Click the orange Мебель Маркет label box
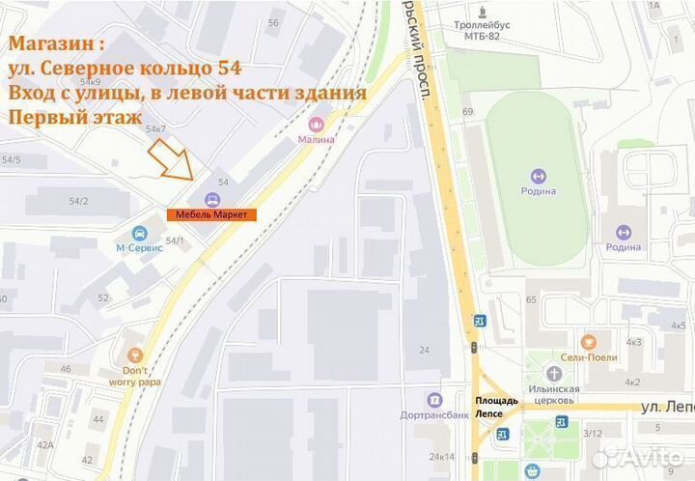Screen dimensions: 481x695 [x=211, y=214]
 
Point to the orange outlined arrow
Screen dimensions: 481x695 [x=171, y=159]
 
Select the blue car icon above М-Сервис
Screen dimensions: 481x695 [x=140, y=233]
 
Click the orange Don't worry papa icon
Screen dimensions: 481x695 [x=134, y=355]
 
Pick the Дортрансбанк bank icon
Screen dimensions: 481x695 [x=434, y=400]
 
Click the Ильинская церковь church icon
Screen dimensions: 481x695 [x=553, y=374]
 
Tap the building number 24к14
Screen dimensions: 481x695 [x=441, y=456]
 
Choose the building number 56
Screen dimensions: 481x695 [x=273, y=22]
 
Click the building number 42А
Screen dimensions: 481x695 [x=44, y=444]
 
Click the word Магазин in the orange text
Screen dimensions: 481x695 [x=51, y=44]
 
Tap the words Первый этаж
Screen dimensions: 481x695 [x=67, y=117]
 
